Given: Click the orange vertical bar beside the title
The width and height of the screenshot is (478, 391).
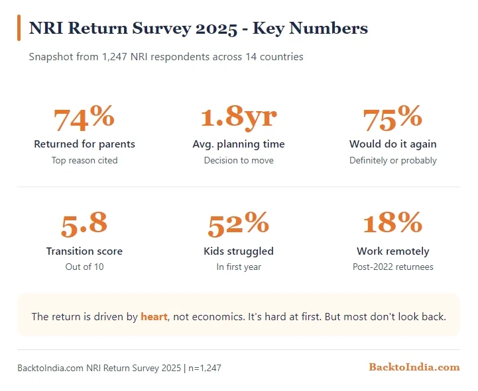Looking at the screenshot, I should [x=19, y=28].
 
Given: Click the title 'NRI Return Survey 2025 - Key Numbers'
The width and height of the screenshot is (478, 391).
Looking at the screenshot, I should [x=198, y=28].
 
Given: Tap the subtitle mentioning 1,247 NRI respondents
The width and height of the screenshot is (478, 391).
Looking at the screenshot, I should [x=166, y=57].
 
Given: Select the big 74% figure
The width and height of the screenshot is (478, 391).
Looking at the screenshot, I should [x=84, y=118].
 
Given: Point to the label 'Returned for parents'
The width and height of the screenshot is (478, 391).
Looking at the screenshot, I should [x=84, y=144].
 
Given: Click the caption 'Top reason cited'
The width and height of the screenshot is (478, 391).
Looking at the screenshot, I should [x=84, y=160].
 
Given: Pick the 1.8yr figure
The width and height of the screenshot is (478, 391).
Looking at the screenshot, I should [x=239, y=118].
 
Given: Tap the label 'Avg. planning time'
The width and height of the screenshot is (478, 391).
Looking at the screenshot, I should [x=239, y=144].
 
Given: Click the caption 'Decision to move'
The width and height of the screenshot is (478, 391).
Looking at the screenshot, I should [x=239, y=160].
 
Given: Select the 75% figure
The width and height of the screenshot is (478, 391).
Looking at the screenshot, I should [x=392, y=118].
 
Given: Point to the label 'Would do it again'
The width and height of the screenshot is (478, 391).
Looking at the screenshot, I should [x=392, y=144].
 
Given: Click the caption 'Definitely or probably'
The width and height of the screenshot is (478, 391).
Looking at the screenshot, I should [x=392, y=160].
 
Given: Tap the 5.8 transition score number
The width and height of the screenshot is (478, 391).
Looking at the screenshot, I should [x=84, y=225].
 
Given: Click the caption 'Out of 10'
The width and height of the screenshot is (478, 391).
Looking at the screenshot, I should [x=84, y=267].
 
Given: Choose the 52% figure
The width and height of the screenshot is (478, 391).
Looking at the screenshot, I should [x=239, y=225].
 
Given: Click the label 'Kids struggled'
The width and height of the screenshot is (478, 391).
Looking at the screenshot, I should [x=239, y=251].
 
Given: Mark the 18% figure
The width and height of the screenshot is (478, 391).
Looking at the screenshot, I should [x=392, y=225].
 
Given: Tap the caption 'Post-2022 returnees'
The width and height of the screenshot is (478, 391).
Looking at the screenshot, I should [x=392, y=267].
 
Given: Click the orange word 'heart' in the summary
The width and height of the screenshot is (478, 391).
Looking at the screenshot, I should [x=154, y=317].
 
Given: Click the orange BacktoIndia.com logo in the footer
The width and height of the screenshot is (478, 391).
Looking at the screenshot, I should [x=414, y=367].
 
